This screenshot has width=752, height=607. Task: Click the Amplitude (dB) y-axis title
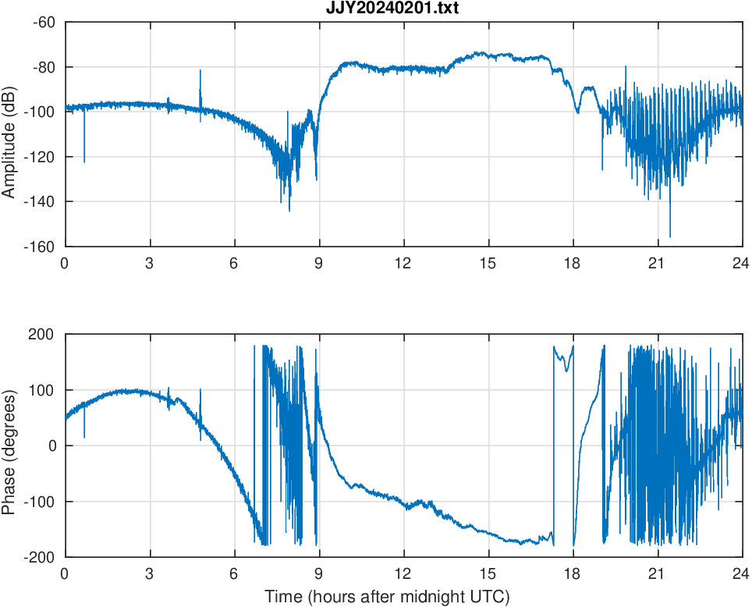9,134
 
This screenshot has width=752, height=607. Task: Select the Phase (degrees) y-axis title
9,445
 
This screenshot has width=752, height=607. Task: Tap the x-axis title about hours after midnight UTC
387,597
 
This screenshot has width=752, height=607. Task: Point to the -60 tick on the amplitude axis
44,22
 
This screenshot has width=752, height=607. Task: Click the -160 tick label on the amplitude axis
41,247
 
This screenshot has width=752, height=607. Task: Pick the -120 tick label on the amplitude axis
41,157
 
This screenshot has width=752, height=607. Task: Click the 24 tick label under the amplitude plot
741,263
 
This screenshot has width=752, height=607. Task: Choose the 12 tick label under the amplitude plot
403,263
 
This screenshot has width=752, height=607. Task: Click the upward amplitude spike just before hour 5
200,72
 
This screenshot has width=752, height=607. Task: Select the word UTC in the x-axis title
492,597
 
